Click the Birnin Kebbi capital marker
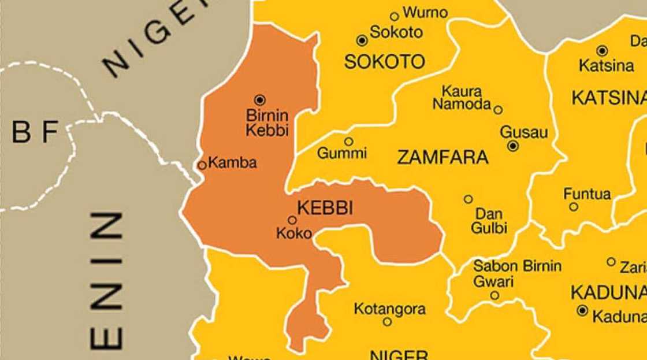[260, 100]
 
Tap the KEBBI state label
[325, 209]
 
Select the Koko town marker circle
[292, 220]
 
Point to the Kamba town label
[232, 163]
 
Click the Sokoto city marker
[362, 40]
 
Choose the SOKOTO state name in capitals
[384, 61]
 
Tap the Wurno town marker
[395, 16]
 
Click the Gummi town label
[342, 154]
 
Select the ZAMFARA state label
[443, 157]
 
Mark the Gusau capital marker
[513, 146]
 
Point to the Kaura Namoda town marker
[498, 110]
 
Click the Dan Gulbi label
[489, 221]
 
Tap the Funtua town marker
[574, 207]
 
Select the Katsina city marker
[602, 50]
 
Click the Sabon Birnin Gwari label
[516, 274]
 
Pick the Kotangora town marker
[387, 322]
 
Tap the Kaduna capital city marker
[582, 311]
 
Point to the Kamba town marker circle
[202, 165]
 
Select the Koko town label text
[294, 233]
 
